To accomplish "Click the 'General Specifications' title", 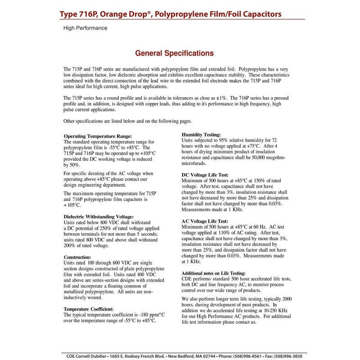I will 175,53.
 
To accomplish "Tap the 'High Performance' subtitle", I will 85,28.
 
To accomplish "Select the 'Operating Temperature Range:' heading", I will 98,136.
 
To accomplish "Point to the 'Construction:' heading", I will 77,257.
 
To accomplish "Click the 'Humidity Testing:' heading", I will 201,135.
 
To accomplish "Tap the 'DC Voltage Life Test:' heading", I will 205,175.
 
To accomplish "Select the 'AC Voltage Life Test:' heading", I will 205,221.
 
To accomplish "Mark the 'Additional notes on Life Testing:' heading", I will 213,273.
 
